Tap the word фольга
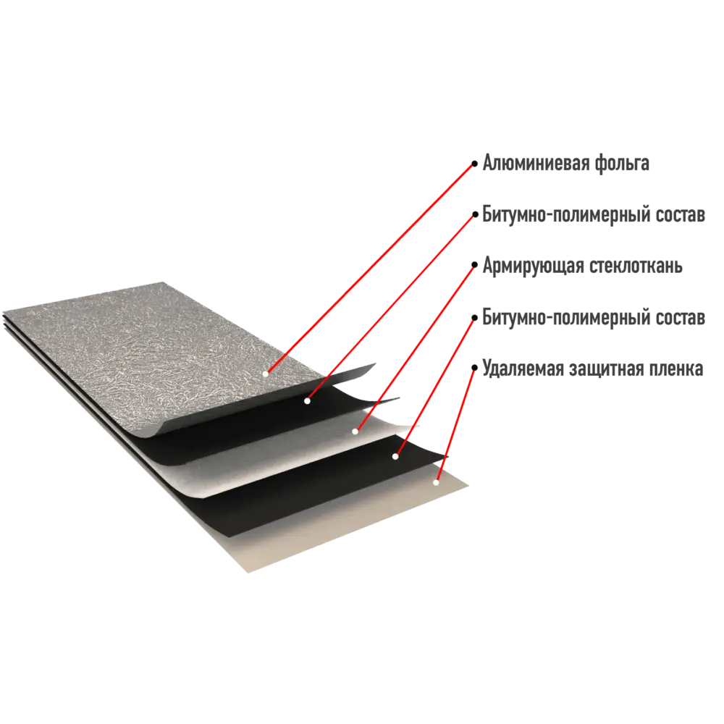click(621, 163)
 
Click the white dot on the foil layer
click(266, 374)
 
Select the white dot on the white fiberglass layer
click(355, 432)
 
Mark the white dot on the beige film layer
click(435, 482)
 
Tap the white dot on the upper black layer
click(307, 401)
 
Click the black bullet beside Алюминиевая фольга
click(474, 164)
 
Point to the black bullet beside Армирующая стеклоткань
click(474, 265)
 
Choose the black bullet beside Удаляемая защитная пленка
click(474, 368)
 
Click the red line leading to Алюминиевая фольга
click(370, 269)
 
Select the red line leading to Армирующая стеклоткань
click(415, 348)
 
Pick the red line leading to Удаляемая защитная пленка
click(455, 425)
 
